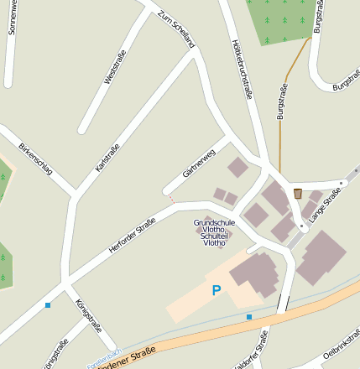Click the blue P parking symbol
[x=216, y=291]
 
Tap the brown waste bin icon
[x=298, y=194]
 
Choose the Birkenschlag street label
[x=35, y=157]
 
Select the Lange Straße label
[x=325, y=205]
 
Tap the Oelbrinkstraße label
[x=340, y=351]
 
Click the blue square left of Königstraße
[x=48, y=305]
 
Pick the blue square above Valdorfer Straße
[x=248, y=316]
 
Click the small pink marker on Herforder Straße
[x=171, y=199]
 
